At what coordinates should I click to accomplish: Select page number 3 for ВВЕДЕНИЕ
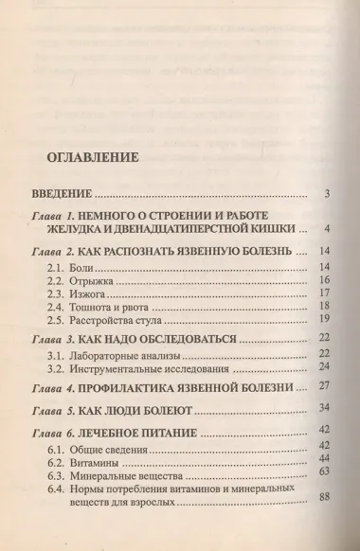click(325, 195)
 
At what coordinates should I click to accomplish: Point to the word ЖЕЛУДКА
click(82, 229)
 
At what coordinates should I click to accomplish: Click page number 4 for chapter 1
click(325, 228)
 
